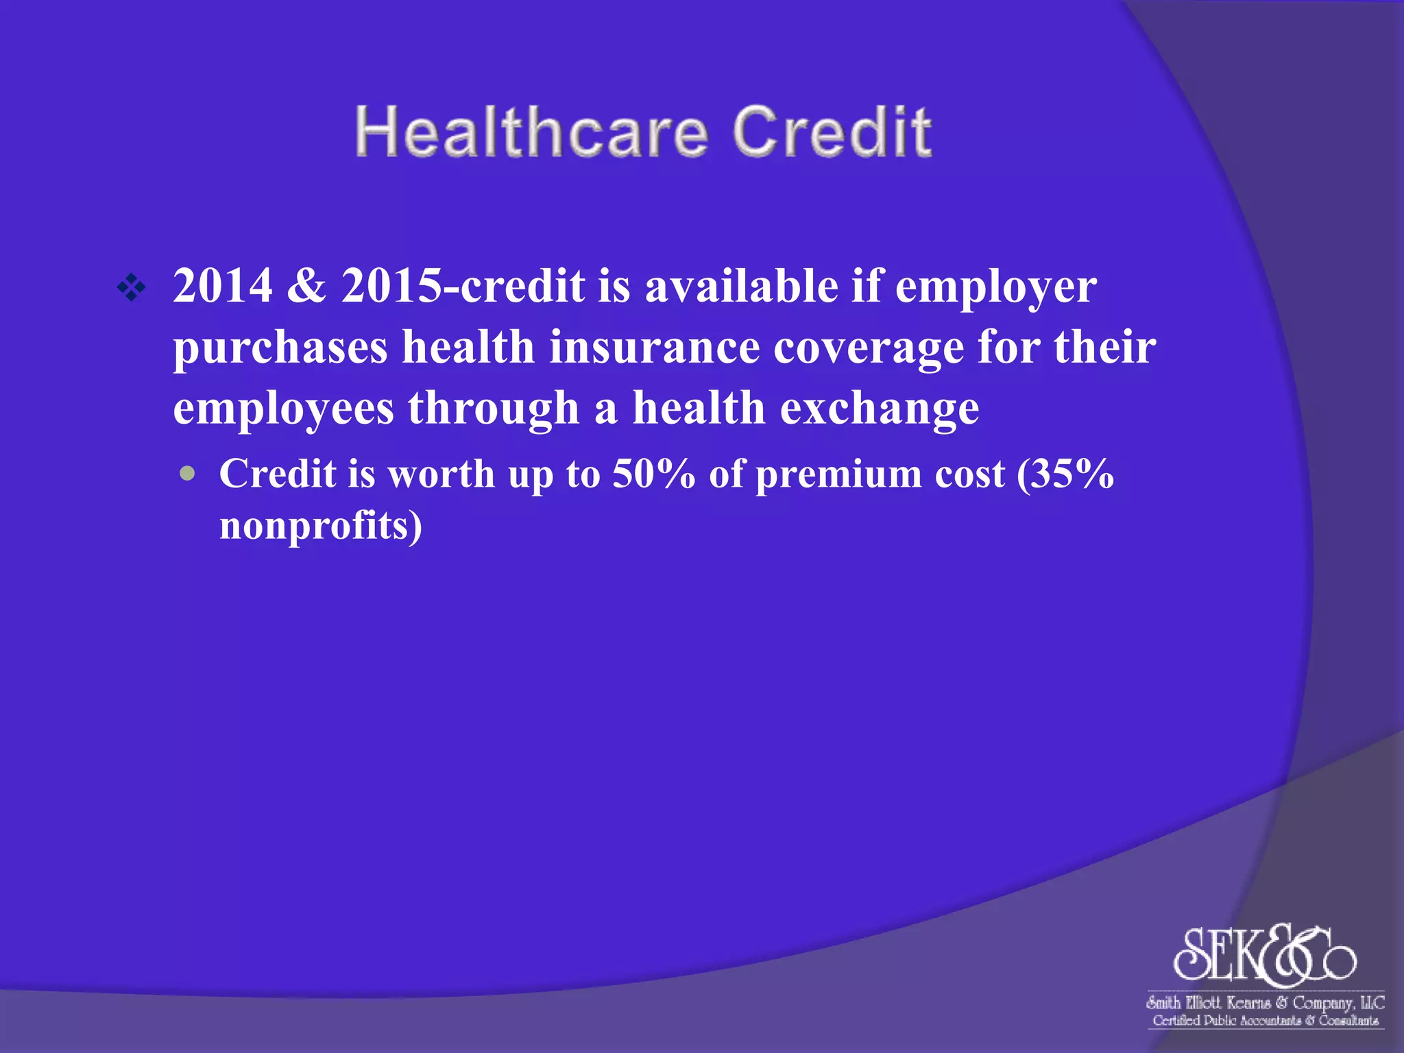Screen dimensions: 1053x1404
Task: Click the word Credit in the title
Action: [832, 132]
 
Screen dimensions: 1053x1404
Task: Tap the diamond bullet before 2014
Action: [131, 288]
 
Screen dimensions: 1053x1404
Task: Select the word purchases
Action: [280, 348]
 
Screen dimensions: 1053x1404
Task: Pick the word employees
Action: [283, 409]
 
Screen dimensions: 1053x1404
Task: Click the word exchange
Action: [880, 409]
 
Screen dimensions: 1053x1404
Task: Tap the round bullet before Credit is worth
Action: [187, 474]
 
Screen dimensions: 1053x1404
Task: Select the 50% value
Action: [653, 474]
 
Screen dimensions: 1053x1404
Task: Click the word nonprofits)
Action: [320, 526]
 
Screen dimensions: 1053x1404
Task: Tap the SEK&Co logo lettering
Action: [1263, 954]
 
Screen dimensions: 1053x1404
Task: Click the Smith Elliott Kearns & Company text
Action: [1265, 1003]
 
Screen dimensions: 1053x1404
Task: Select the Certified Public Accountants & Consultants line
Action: [1265, 1021]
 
